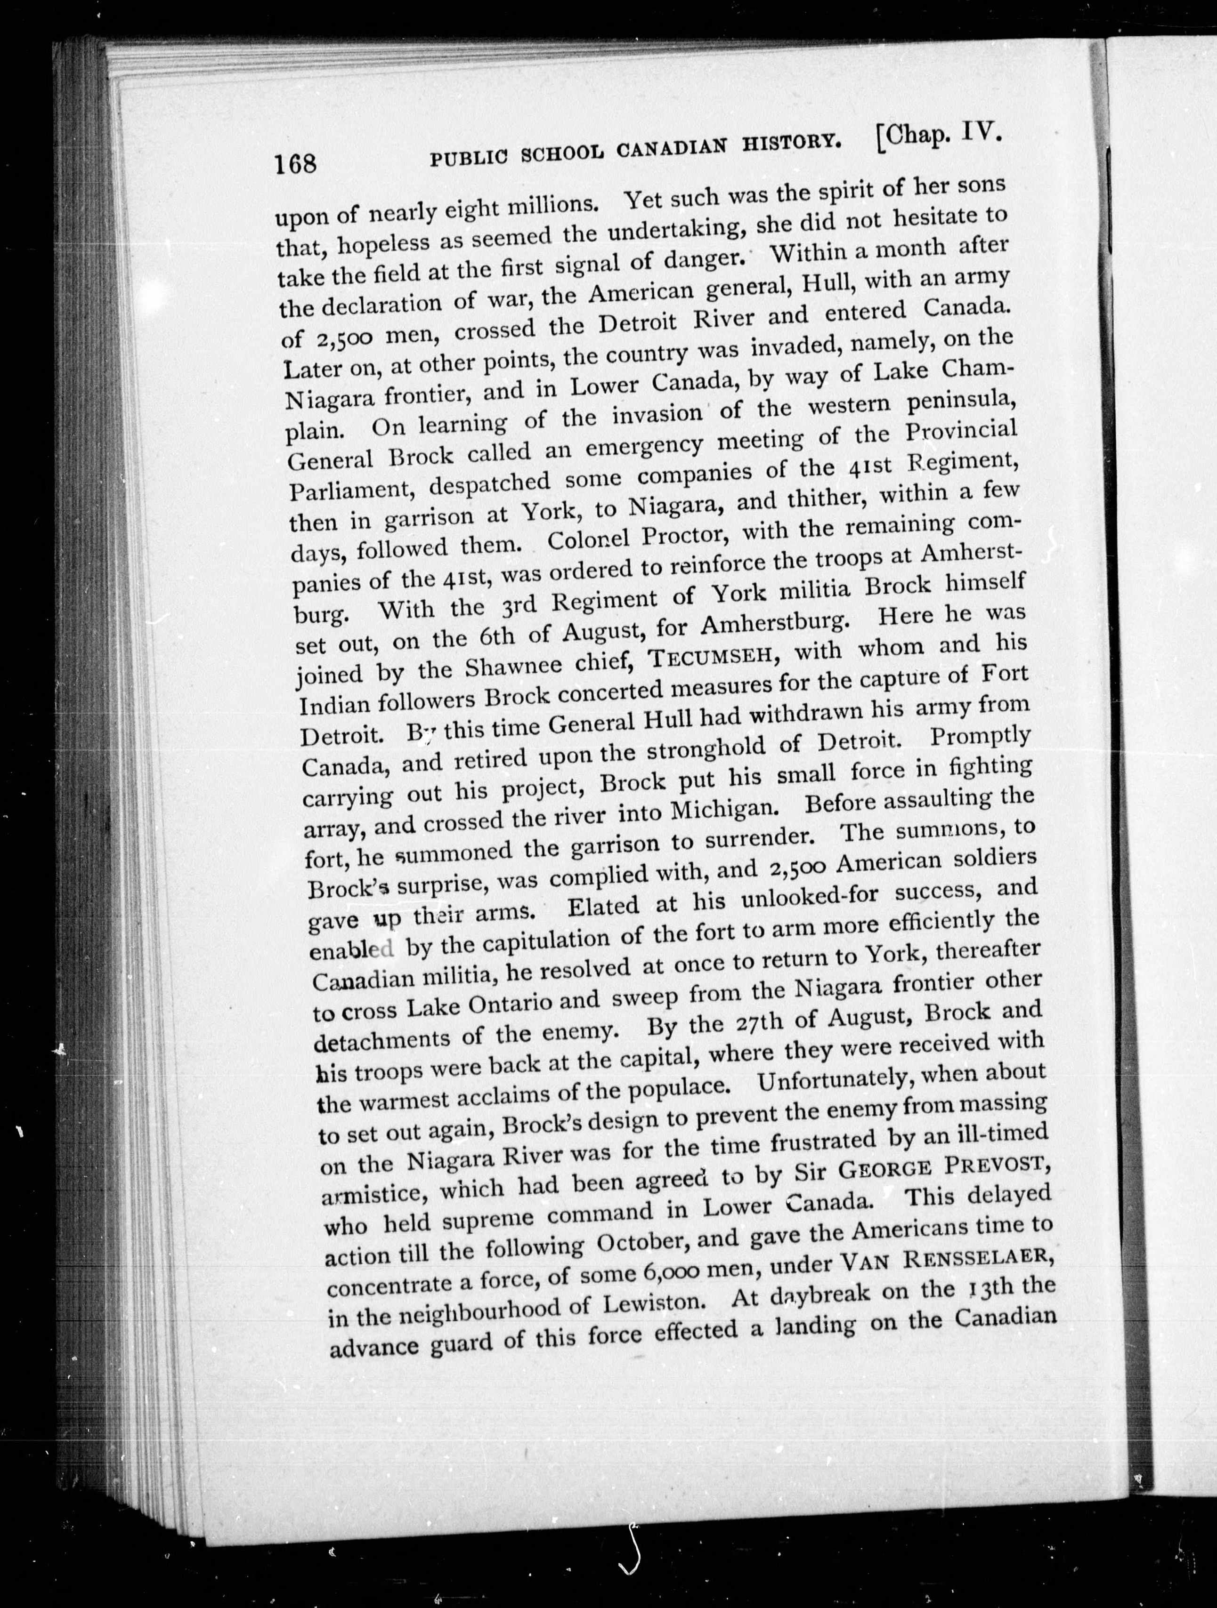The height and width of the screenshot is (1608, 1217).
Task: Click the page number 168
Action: pyautogui.click(x=295, y=163)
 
